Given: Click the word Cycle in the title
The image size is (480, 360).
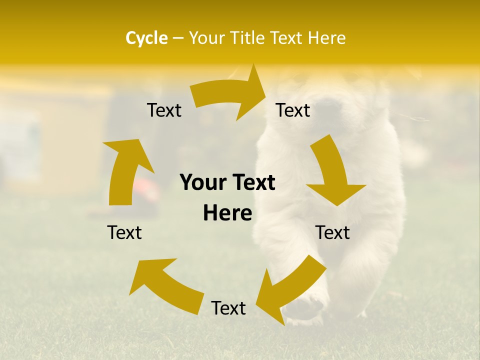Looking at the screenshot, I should (146, 38).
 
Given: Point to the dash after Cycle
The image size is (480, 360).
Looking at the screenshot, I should (178, 38).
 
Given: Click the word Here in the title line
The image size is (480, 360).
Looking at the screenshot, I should (326, 38).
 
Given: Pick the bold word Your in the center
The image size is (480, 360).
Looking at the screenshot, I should (202, 182).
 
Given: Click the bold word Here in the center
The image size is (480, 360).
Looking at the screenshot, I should (227, 213).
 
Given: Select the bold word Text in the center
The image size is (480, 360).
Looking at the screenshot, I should (252, 182).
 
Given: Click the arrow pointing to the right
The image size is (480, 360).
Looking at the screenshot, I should (230, 95).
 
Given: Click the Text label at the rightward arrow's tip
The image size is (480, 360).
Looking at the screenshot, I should (293, 110).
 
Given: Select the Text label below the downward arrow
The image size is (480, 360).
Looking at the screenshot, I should (332, 232).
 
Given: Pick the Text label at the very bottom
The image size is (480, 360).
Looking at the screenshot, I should (228, 308).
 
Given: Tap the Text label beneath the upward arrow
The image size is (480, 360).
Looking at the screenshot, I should (124, 232).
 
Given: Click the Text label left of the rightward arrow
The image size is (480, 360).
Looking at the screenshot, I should (164, 110).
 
